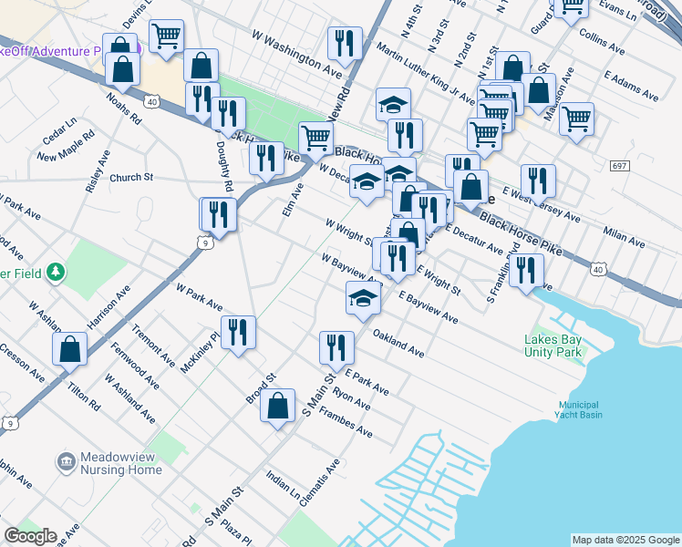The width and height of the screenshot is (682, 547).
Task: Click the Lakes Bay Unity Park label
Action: pos(553,347)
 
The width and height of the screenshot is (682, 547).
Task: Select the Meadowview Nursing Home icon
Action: pos(66,463)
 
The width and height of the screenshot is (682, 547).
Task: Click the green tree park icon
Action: pos(56,272)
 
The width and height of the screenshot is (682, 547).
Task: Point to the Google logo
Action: pos(30,536)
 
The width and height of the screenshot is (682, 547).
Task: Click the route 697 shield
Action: pos(619,165)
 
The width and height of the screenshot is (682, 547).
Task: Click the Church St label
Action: pos(131,178)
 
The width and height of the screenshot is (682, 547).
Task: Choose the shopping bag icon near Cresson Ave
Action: pos(69,348)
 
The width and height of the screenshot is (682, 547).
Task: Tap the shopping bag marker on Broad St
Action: pos(278,405)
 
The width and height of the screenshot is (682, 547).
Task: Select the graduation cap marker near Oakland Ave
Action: pos(362,298)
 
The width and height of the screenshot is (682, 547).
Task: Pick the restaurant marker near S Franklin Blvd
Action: pos(526,270)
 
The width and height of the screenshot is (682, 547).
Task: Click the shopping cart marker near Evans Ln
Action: pos(572,7)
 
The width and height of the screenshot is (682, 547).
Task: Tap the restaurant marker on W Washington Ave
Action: pos(345,42)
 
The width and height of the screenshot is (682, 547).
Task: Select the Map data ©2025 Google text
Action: pos(625,539)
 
